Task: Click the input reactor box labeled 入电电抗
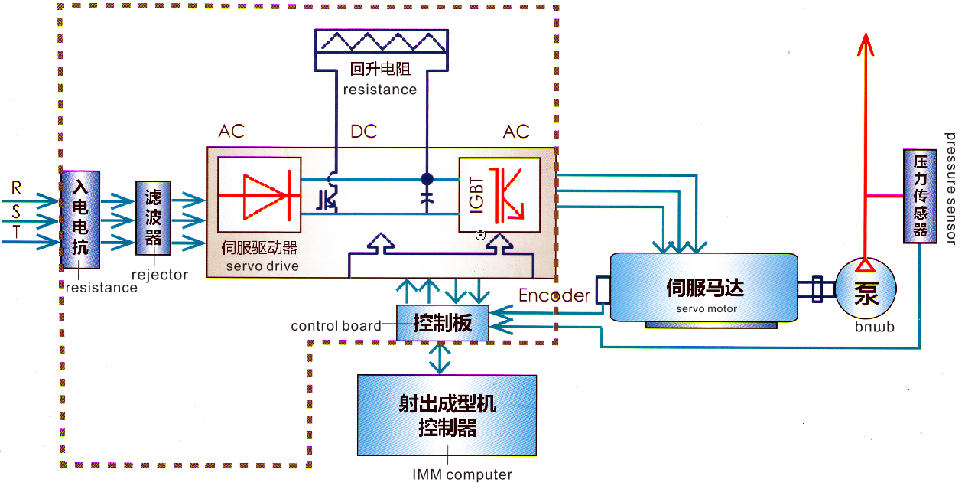(80, 220)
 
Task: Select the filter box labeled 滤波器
(154, 218)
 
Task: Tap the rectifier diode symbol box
(260, 194)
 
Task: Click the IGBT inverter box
(499, 194)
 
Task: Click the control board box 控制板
(443, 323)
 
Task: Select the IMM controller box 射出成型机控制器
(447, 415)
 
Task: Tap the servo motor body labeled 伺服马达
(704, 289)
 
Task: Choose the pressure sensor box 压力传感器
(921, 196)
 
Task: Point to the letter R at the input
(16, 187)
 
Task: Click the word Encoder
(554, 295)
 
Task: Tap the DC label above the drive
(363, 132)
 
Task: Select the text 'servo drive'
(262, 266)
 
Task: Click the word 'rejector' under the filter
(160, 275)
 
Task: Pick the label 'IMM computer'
(462, 474)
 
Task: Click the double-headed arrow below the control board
(440, 357)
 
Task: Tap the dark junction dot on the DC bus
(427, 179)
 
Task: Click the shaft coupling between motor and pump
(817, 289)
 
